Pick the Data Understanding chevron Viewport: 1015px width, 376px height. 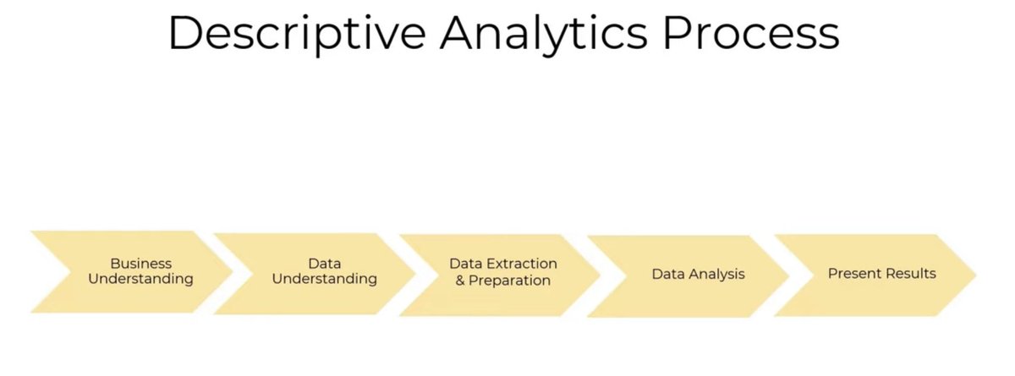(x=317, y=271)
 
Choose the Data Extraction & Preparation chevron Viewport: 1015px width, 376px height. (x=502, y=272)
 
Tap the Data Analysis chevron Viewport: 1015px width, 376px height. (x=692, y=275)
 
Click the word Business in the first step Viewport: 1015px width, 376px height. (x=141, y=264)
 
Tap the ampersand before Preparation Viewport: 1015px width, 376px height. (x=461, y=280)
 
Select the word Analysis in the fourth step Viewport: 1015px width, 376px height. (x=716, y=275)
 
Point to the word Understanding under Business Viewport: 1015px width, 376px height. (x=141, y=279)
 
